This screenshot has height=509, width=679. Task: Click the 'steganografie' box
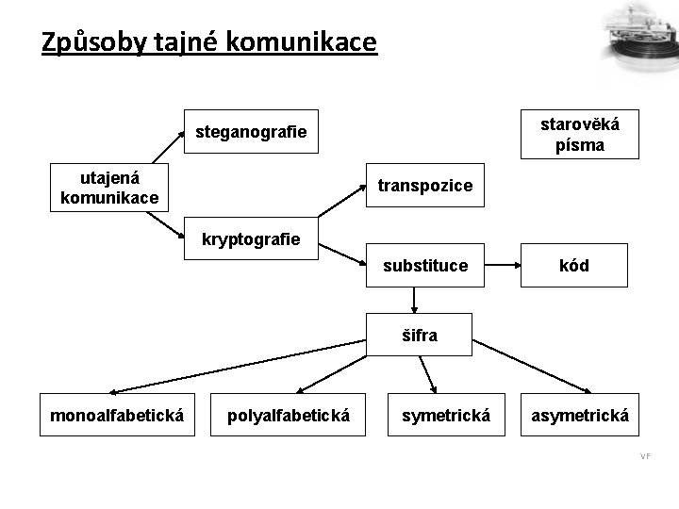point(250,132)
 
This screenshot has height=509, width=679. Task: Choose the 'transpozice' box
point(425,186)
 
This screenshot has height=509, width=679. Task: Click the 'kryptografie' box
point(251,239)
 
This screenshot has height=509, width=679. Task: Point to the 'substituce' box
point(425,265)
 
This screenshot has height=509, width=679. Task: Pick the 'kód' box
point(573,265)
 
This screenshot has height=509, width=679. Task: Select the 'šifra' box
point(421,335)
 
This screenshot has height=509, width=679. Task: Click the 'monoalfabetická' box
point(116,414)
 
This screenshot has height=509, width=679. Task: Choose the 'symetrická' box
point(446,414)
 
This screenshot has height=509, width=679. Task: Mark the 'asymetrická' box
point(580,414)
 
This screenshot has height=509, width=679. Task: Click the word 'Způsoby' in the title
point(89,42)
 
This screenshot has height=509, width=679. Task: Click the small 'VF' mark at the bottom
point(645,456)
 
